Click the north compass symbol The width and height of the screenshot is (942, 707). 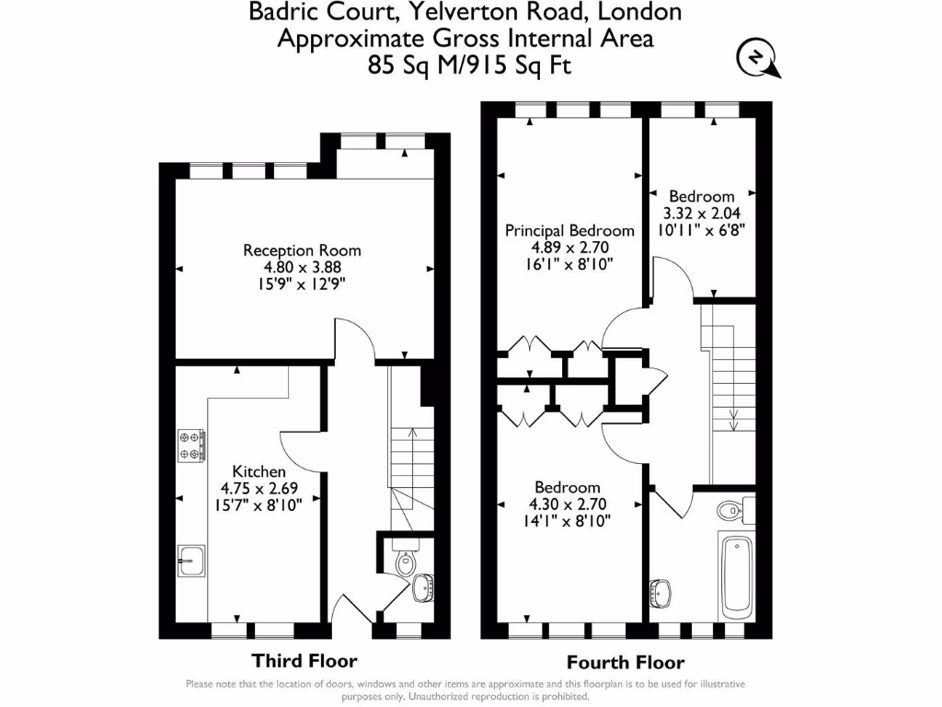click(x=757, y=59)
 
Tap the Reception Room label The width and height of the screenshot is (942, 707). click(x=302, y=250)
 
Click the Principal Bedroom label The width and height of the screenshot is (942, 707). click(x=569, y=231)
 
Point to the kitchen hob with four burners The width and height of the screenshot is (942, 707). click(x=191, y=446)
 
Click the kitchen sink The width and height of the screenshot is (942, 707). click(x=190, y=559)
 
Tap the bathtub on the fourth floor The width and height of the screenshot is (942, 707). click(x=736, y=577)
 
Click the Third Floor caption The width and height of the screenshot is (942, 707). click(x=304, y=661)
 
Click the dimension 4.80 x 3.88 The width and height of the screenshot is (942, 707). click(x=302, y=268)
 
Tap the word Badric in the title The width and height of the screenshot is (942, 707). click(x=281, y=13)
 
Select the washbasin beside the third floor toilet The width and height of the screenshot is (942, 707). click(x=424, y=585)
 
